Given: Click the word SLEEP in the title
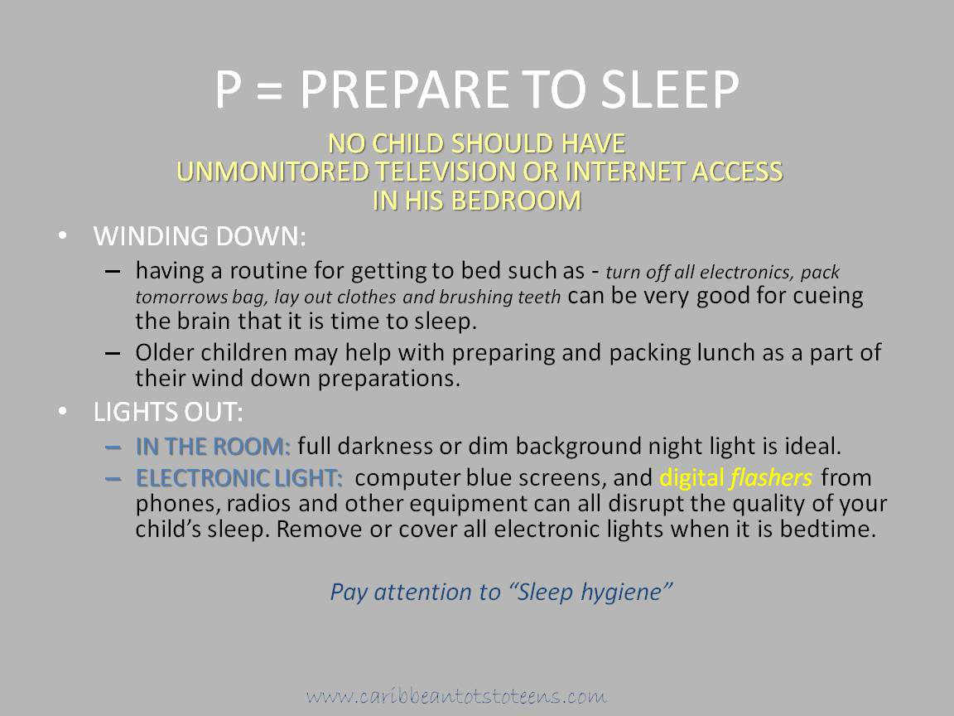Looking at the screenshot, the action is pyautogui.click(x=670, y=89).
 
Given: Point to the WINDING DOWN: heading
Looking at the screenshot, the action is pyautogui.click(x=200, y=236).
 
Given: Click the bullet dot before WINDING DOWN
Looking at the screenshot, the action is pyautogui.click(x=63, y=235).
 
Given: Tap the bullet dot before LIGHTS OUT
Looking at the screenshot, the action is pyautogui.click(x=63, y=412).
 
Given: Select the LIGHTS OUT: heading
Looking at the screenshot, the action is pyautogui.click(x=169, y=412).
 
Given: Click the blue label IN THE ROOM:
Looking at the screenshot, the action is pyautogui.click(x=213, y=447).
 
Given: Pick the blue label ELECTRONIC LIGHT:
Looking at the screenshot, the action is pyautogui.click(x=239, y=478).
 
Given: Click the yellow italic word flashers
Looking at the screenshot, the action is pyautogui.click(x=771, y=478).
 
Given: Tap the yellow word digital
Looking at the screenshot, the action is pyautogui.click(x=691, y=478).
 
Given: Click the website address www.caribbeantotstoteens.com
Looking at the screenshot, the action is pyautogui.click(x=456, y=696).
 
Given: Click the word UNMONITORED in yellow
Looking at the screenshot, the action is pyautogui.click(x=272, y=172).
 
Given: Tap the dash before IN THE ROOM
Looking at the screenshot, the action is pyautogui.click(x=113, y=447).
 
